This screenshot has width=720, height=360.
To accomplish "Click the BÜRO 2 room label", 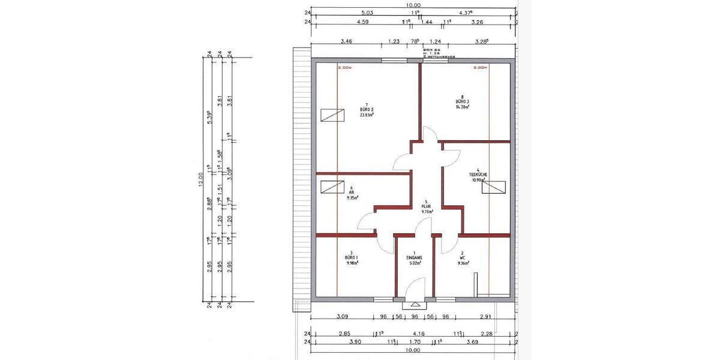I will pos(367,110).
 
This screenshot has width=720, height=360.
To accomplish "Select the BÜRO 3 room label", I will pos(462,102).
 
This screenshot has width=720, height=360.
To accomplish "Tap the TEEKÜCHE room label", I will pos(478,175).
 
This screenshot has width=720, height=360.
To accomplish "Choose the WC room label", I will pos(462,257).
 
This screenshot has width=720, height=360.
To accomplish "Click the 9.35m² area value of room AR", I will pos(352,197).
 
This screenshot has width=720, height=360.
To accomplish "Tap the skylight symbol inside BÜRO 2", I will pos(332,115).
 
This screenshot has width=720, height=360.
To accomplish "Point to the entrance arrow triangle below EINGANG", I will pos(415,304).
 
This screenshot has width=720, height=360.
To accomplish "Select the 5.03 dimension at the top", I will pos(367,12).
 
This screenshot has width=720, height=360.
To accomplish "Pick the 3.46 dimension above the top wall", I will pos(346,41).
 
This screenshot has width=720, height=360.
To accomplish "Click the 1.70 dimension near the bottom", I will pos(415,341).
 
